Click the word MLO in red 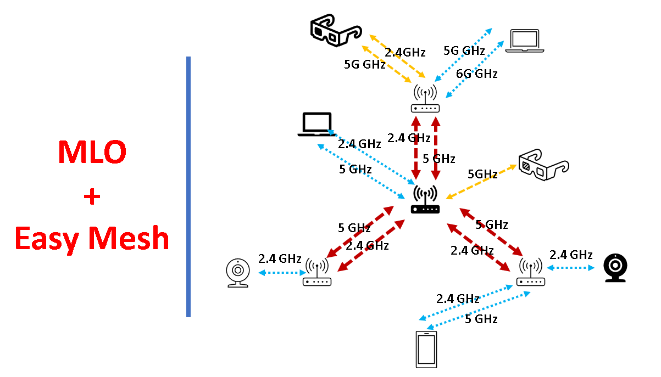pyautogui.click(x=92, y=153)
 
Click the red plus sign pyautogui.click(x=92, y=196)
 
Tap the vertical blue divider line pyautogui.click(x=188, y=187)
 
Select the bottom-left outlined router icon pyautogui.click(x=317, y=273)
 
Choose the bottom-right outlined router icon pyautogui.click(x=530, y=273)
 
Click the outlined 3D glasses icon pyautogui.click(x=543, y=164)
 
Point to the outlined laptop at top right pyautogui.click(x=524, y=41)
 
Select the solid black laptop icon pyautogui.click(x=316, y=125)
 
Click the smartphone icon pyautogui.click(x=426, y=349)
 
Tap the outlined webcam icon pyautogui.click(x=238, y=273)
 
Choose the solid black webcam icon pyautogui.click(x=615, y=268)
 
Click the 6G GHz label pyautogui.click(x=476, y=74)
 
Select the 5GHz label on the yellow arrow pyautogui.click(x=482, y=174)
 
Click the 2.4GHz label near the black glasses pyautogui.click(x=405, y=53)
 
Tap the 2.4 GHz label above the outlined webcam pyautogui.click(x=280, y=258)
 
